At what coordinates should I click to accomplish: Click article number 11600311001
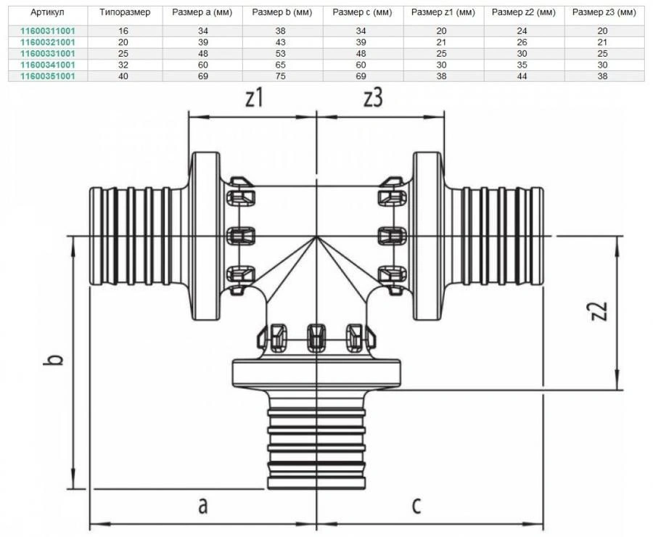point(47,31)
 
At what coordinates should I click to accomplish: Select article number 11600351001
point(47,75)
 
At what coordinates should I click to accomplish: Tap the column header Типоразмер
point(123,13)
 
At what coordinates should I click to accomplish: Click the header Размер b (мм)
point(283,13)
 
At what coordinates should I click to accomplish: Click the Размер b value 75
point(283,75)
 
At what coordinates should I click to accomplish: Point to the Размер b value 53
point(283,54)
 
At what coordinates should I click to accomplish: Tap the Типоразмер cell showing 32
point(123,65)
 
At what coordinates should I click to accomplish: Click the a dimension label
point(202,505)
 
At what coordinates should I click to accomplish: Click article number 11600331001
point(47,54)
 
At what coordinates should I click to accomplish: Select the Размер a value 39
point(202,42)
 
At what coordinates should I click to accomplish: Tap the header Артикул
point(47,13)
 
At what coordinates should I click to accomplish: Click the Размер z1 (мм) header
point(443,13)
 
